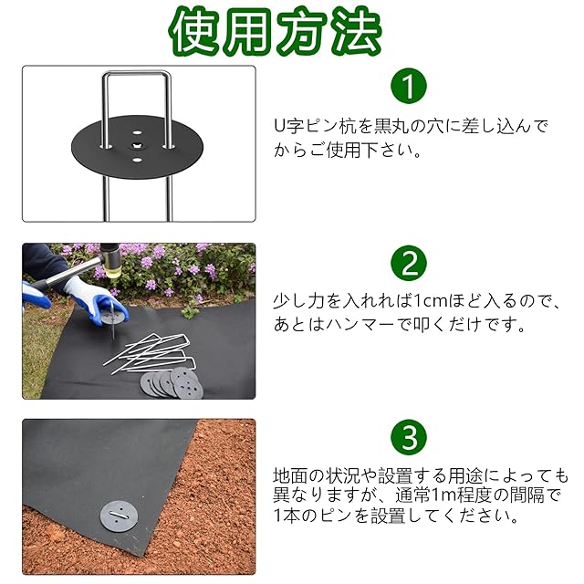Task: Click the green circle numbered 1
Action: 409,86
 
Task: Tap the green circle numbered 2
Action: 409,263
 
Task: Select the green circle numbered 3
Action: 409,437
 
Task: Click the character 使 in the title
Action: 196,30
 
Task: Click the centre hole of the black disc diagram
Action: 137,146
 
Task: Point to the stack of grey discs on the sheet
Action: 172,383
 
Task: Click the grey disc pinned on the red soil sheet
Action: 117,516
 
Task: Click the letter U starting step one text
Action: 280,126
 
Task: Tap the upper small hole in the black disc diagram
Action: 137,132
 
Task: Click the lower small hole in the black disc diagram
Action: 137,161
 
